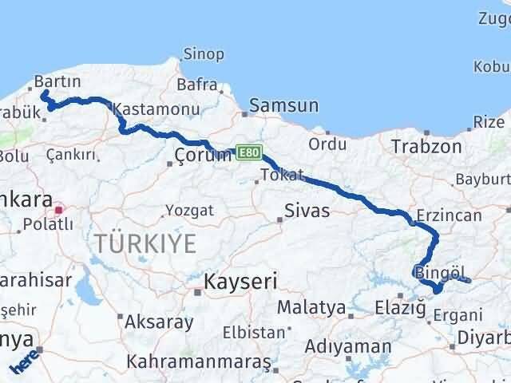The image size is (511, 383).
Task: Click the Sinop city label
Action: pos(204,55)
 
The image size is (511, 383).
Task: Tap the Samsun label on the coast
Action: pos(283,105)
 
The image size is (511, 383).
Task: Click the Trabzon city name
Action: pos(426,146)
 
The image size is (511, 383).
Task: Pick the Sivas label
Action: pos(307,211)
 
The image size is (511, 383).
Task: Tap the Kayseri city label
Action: pos(240,281)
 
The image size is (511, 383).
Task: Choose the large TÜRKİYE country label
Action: pos(145,244)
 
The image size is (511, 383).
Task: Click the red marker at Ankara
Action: pos(58,210)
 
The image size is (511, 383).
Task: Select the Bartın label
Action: pos(57,82)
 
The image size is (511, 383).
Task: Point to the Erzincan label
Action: pos(449,215)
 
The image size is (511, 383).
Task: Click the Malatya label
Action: pos(311,307)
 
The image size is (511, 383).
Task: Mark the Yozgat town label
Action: pos(189,211)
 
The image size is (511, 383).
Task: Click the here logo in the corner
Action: pos(23,364)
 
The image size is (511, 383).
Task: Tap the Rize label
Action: pos(489,122)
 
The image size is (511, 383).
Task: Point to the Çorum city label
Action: pos(204,155)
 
